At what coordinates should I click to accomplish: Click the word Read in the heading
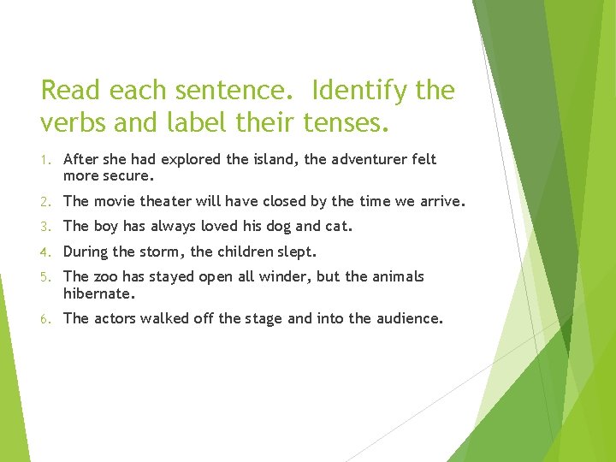69,90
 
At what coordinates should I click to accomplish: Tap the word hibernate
99,293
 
